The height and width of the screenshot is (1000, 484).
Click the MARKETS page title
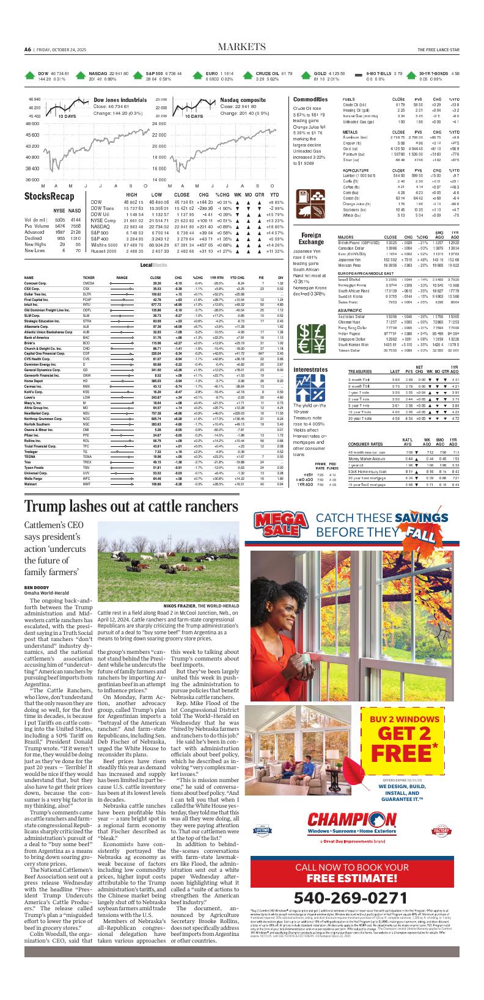[241, 48]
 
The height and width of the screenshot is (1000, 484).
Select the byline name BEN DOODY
[37, 587]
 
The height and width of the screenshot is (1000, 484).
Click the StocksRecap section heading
[49, 196]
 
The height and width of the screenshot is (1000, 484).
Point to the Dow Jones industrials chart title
[120, 100]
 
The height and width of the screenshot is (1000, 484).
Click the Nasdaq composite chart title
[243, 100]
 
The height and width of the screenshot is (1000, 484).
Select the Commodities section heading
[310, 100]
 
